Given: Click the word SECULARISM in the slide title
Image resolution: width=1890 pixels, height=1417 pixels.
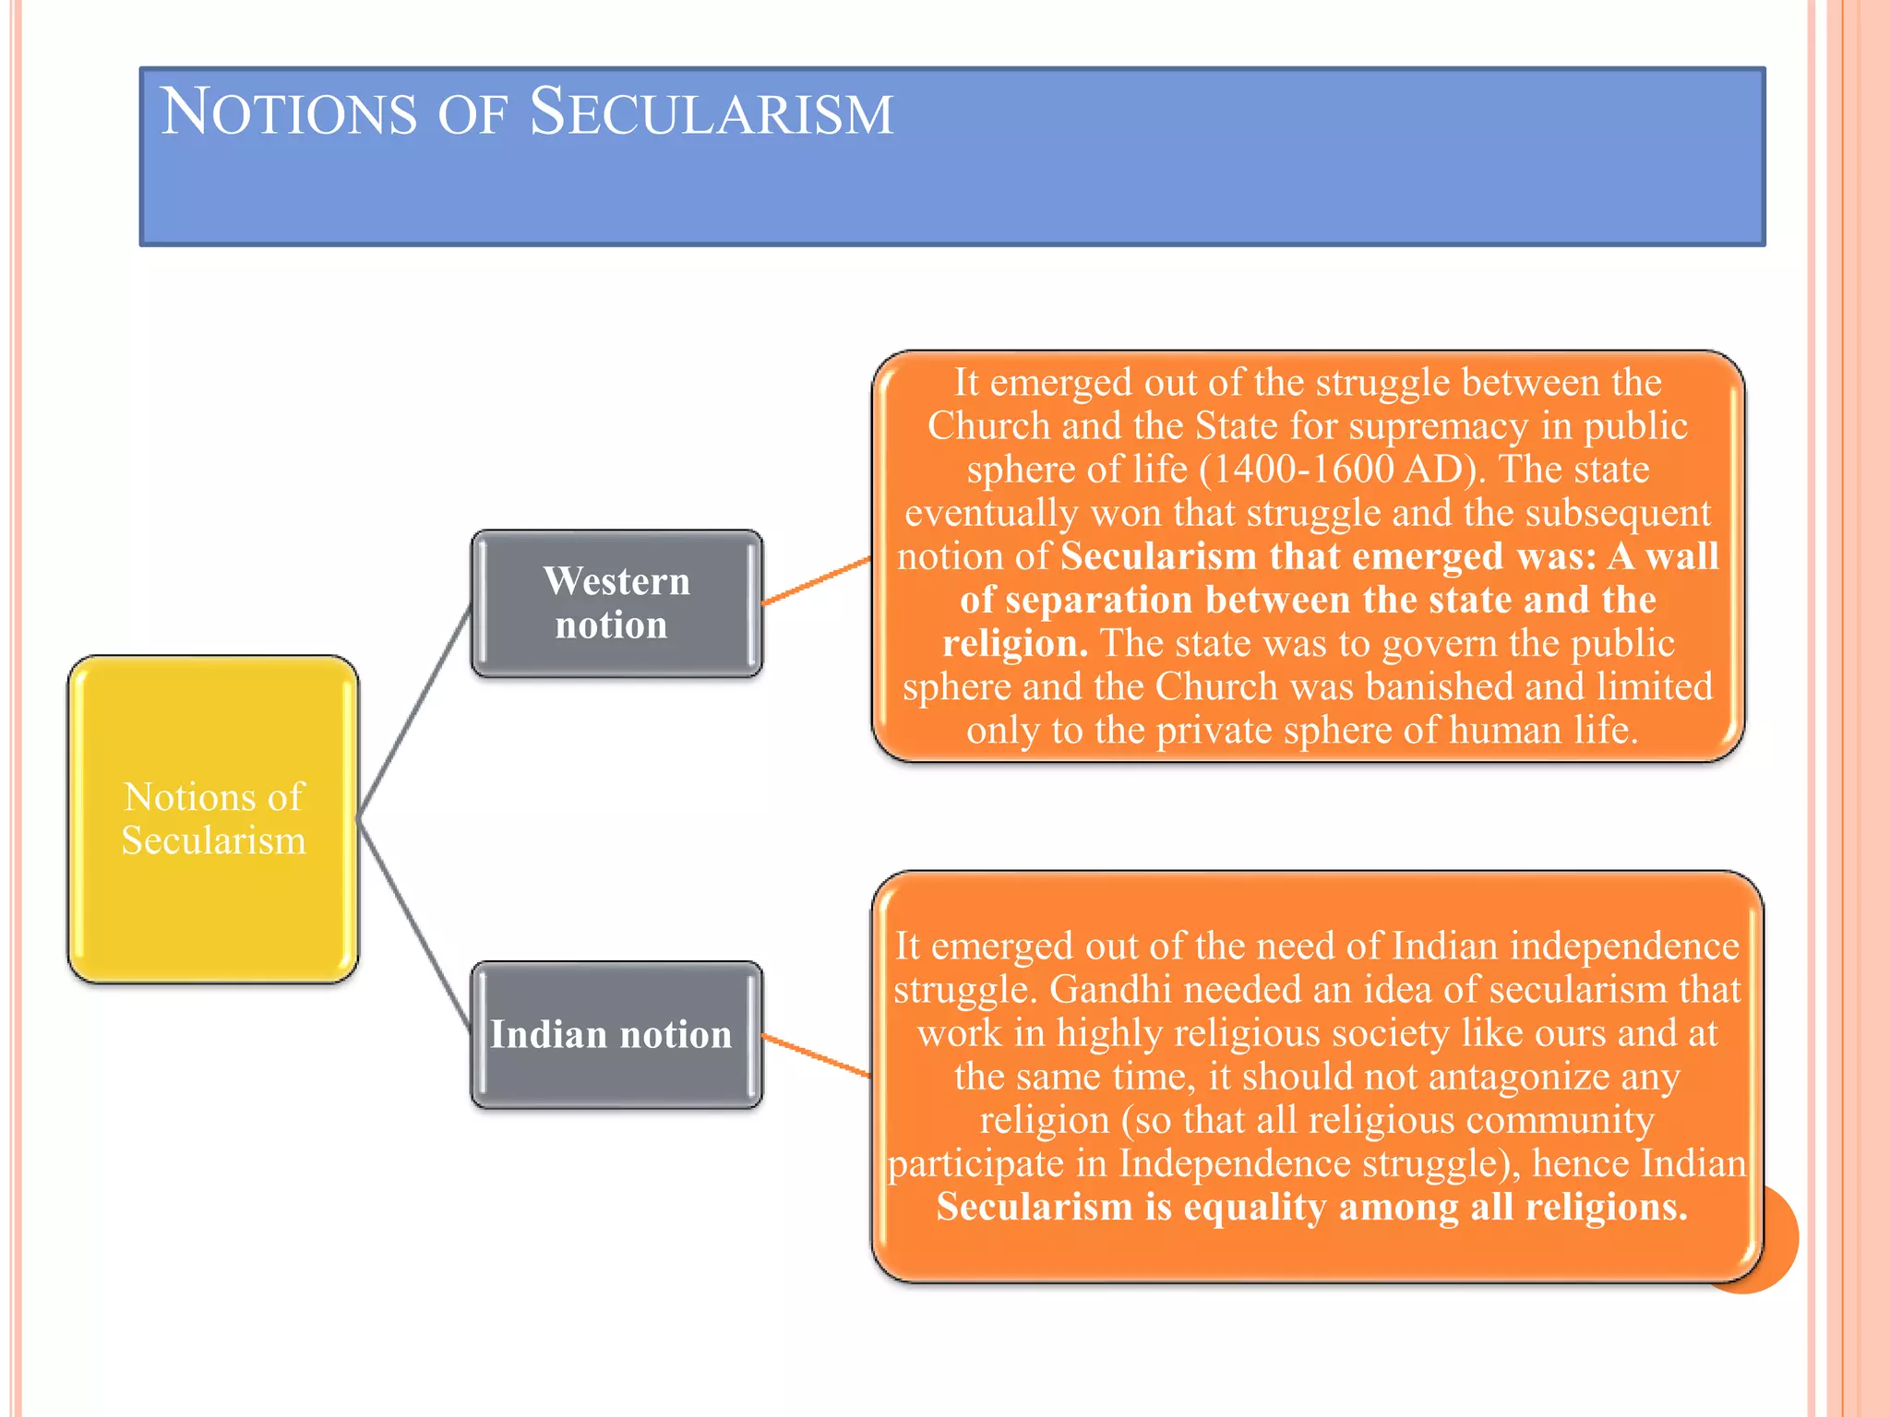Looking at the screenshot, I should pos(711,113).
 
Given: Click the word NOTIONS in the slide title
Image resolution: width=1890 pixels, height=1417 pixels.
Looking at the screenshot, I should pos(288,113).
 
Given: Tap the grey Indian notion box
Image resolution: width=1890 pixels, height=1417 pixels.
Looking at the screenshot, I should pos(616,1035).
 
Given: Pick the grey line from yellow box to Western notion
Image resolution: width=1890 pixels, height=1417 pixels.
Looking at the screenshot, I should pos(415,710).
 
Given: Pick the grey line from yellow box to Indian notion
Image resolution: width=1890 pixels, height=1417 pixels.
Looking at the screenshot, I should pos(415,924).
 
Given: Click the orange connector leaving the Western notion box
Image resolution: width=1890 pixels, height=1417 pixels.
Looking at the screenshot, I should pos(817,581).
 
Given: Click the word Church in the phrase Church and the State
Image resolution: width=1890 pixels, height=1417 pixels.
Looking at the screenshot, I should pos(988,426).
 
